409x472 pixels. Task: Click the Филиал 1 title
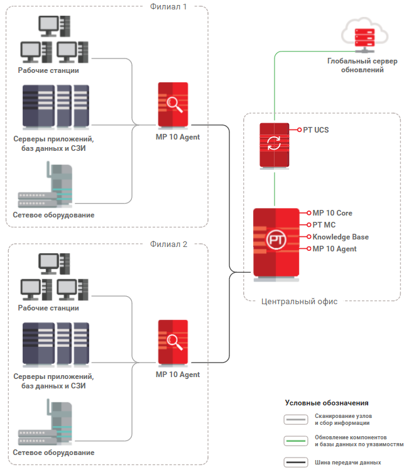(x=168, y=7)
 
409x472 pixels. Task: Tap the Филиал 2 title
(x=168, y=244)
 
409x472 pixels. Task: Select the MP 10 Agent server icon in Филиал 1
(x=173, y=104)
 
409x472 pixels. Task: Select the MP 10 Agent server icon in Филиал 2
(x=173, y=343)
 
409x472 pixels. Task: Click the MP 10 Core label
(x=332, y=213)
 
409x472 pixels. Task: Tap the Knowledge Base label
(x=341, y=237)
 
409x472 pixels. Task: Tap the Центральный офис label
(x=299, y=302)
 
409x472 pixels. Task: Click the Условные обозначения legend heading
(x=326, y=403)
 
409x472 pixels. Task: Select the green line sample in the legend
(x=295, y=441)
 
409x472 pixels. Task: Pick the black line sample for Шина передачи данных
(x=295, y=463)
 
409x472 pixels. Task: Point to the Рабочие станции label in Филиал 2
(x=48, y=308)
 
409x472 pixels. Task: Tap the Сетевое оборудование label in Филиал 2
(x=53, y=453)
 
